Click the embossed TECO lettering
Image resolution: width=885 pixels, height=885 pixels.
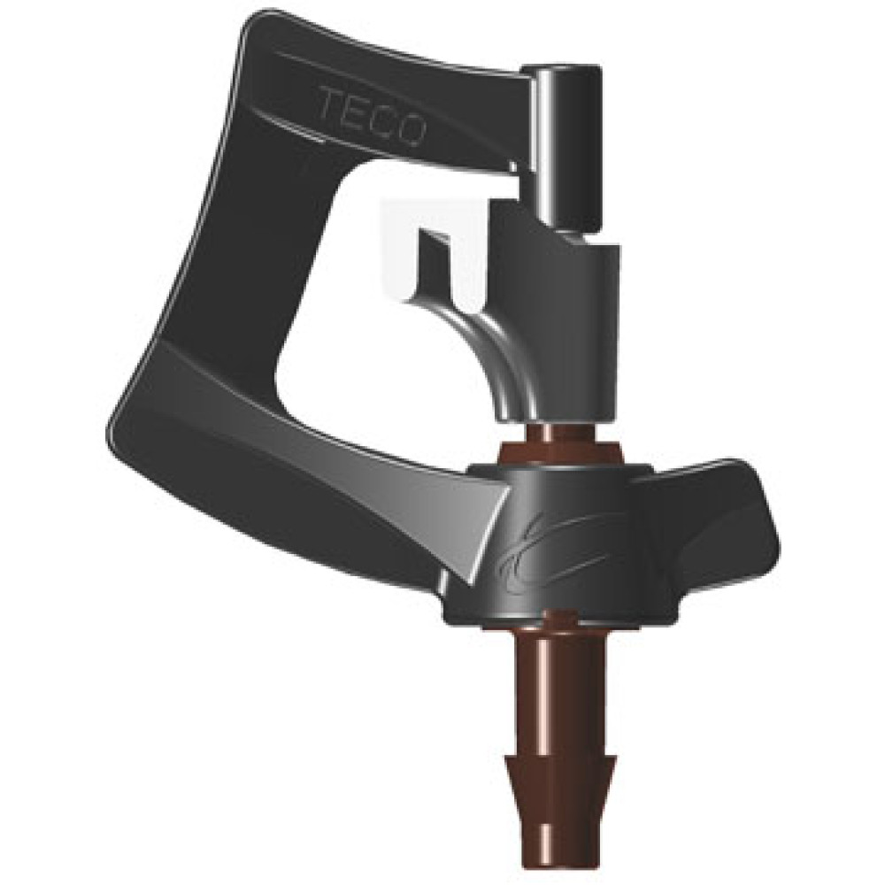372,117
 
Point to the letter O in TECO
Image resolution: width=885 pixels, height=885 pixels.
410,128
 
